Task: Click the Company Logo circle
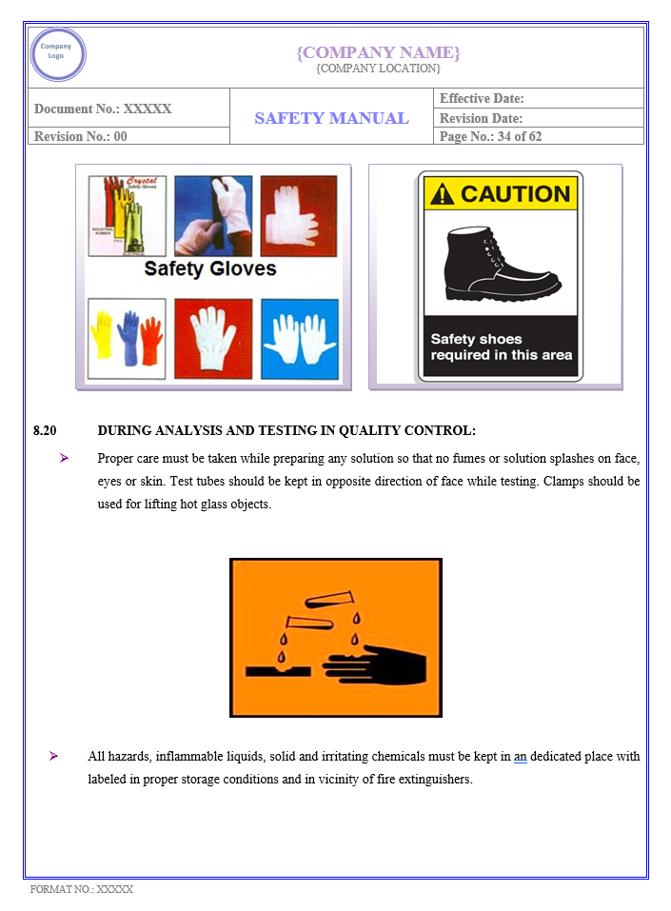[x=57, y=54]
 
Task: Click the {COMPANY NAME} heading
[x=378, y=52]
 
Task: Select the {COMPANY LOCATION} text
[x=378, y=69]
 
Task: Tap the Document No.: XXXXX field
[x=103, y=109]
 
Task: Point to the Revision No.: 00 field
[x=81, y=136]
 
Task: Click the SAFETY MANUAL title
[x=331, y=118]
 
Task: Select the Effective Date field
[x=482, y=99]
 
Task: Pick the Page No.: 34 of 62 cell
[x=490, y=136]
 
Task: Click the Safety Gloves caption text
[x=210, y=268]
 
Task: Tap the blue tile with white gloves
[x=299, y=339]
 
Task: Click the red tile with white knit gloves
[x=213, y=339]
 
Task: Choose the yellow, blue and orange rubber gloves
[x=127, y=339]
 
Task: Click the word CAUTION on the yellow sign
[x=515, y=194]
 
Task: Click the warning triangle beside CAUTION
[x=442, y=195]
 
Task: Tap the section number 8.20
[x=45, y=431]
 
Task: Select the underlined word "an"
[x=520, y=757]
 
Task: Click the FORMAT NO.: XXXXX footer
[x=82, y=889]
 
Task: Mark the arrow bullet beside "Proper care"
[x=64, y=458]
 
